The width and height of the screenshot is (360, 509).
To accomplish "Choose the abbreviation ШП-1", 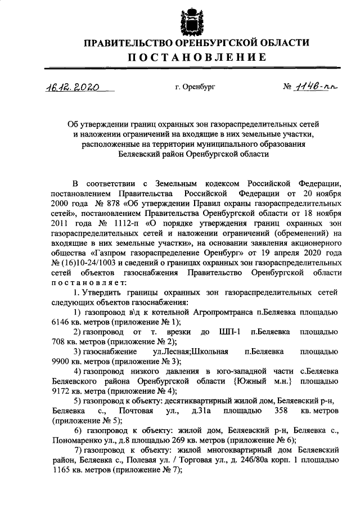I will [x=231, y=332].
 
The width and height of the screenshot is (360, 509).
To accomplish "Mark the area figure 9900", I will [x=61, y=362].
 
